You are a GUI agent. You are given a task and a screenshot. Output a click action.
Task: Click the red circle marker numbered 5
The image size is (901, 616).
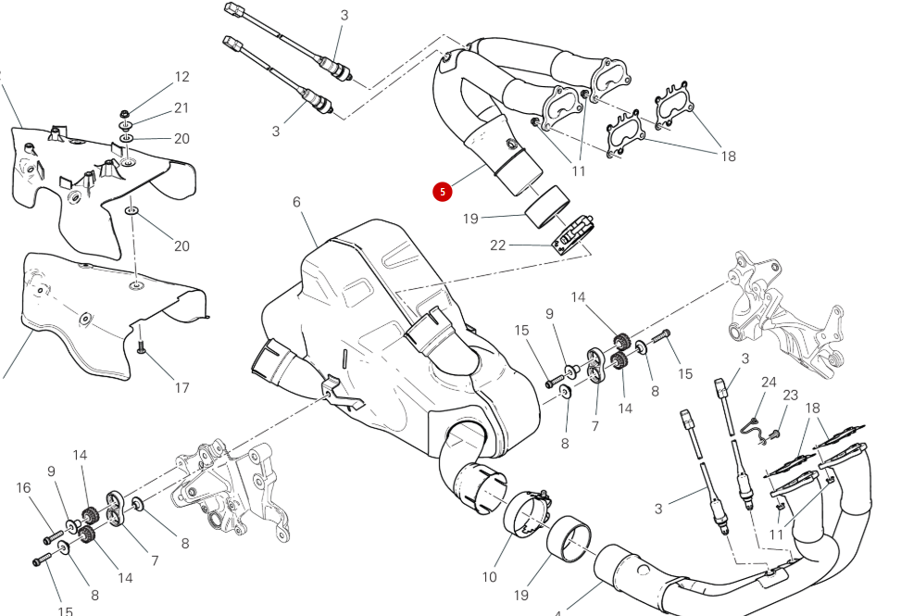(x=443, y=192)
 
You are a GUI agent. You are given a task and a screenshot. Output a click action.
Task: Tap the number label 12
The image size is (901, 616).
(x=181, y=78)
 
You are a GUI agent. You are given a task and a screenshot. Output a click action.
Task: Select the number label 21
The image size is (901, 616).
(x=181, y=108)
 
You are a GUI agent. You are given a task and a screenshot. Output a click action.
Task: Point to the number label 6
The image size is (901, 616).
(x=297, y=202)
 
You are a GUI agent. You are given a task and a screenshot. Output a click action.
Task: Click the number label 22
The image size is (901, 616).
(x=498, y=245)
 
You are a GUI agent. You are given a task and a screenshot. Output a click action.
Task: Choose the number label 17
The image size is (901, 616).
(x=181, y=387)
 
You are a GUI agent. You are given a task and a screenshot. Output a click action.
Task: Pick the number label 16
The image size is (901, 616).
(x=24, y=488)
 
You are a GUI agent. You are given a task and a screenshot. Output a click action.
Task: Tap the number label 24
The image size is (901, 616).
(x=769, y=382)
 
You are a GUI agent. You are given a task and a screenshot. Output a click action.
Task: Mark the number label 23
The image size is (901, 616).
(x=790, y=395)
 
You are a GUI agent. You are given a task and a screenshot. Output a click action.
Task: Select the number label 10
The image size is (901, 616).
(x=489, y=577)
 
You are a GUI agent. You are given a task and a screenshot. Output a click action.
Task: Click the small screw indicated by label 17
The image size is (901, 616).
(x=142, y=347)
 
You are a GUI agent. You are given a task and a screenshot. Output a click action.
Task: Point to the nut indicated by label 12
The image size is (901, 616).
(x=124, y=114)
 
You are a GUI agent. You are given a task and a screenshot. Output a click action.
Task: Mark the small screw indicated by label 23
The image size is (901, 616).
(x=776, y=433)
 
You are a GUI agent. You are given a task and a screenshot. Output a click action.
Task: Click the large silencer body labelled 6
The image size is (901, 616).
(x=398, y=352)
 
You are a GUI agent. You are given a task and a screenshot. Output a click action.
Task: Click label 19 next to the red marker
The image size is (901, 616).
(x=470, y=220)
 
